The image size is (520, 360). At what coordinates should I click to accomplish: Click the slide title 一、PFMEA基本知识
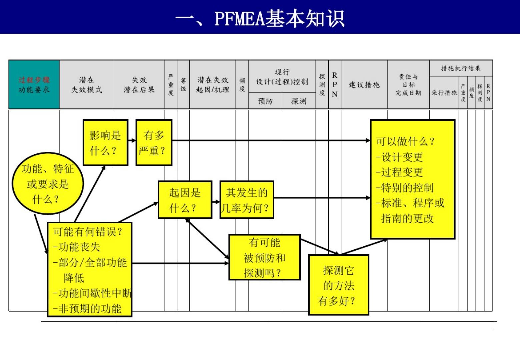(x=260, y=18)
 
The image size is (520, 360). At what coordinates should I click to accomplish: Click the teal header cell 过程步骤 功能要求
(x=34, y=85)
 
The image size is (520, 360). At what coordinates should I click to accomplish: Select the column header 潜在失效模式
(x=87, y=85)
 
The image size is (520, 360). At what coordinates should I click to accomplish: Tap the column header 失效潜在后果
(x=139, y=85)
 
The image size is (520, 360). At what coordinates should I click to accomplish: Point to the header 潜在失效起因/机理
(x=213, y=85)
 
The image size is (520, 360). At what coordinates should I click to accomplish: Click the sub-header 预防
(x=265, y=101)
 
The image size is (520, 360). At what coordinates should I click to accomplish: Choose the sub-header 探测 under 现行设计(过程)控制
(x=299, y=101)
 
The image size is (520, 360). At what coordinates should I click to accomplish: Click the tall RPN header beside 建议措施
(x=335, y=85)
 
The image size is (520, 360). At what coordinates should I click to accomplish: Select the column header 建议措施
(x=364, y=85)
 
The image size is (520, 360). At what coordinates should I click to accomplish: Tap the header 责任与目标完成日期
(x=408, y=85)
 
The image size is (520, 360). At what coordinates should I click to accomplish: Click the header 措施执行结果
(x=461, y=68)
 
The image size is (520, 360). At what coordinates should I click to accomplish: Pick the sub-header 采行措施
(x=444, y=93)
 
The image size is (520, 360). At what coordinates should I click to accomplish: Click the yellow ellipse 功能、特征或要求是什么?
(x=48, y=184)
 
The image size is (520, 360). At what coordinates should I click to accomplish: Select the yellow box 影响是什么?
(x=105, y=143)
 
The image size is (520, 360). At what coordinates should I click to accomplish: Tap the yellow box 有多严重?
(x=154, y=143)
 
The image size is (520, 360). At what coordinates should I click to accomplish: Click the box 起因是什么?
(x=185, y=200)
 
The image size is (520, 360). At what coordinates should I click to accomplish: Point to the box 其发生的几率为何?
(x=247, y=200)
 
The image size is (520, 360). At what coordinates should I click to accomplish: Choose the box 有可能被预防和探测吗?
(x=264, y=257)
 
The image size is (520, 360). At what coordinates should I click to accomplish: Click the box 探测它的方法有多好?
(x=338, y=285)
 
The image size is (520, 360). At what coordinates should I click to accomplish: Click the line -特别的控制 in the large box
(x=405, y=188)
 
